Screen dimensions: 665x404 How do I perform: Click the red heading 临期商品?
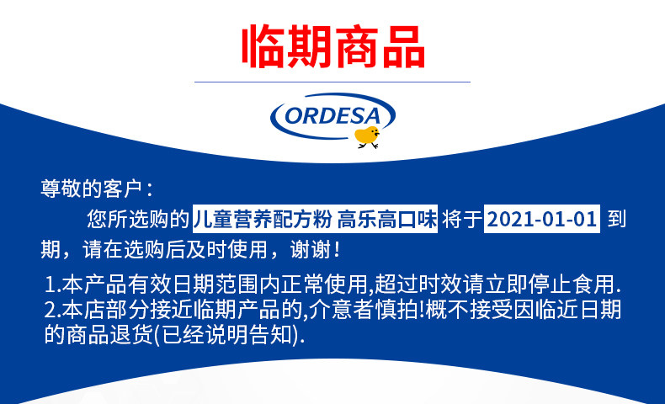[x=333, y=46]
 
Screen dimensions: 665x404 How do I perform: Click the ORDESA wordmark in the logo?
[x=332, y=116]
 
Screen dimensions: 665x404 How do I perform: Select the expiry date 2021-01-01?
[x=542, y=219]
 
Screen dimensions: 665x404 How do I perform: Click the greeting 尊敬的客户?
[x=91, y=189]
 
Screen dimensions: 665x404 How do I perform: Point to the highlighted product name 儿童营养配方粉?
[x=263, y=219]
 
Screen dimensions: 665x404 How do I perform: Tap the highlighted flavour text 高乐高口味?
[x=387, y=219]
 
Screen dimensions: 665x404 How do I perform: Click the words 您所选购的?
[x=138, y=219]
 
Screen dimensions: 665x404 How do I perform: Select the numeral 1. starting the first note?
[x=52, y=284]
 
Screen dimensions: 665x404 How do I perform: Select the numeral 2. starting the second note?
[x=52, y=310]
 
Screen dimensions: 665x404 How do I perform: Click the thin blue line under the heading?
[x=332, y=82]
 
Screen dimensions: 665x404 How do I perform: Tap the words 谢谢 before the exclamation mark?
[x=311, y=249]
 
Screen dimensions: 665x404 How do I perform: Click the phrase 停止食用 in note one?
[x=572, y=284]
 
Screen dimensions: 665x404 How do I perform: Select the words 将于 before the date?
[x=461, y=219]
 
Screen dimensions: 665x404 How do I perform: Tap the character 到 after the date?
[x=617, y=219]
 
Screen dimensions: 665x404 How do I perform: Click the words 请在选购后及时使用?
[x=175, y=249]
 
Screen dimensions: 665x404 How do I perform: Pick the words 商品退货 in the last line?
[x=109, y=335]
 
